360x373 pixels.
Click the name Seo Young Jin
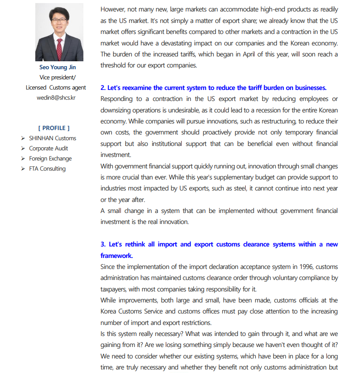[x=57, y=67]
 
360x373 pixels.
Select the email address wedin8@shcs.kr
[x=56, y=97]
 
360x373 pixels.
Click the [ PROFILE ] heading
[x=54, y=128]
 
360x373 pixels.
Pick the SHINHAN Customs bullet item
[x=52, y=138]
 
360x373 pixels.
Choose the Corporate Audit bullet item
[x=49, y=148]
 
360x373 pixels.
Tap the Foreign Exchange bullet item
[x=50, y=158]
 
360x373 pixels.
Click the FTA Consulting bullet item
[x=47, y=168]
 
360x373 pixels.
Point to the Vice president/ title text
[x=57, y=78]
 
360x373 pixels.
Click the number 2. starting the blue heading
[x=103, y=88]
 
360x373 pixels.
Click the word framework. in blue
[x=116, y=255]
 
